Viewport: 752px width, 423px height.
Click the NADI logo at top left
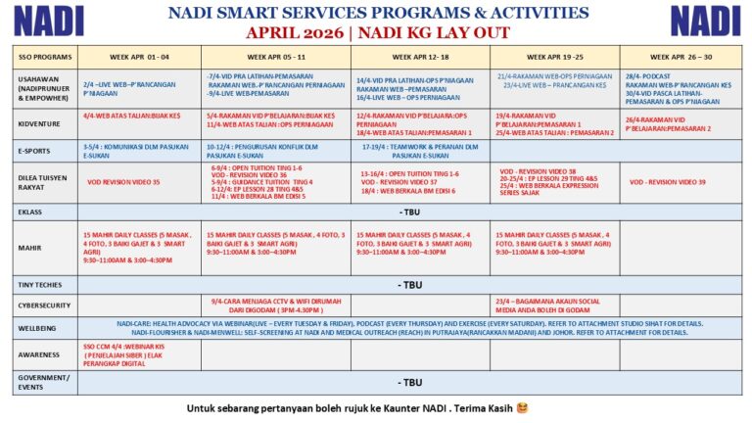[x=48, y=21]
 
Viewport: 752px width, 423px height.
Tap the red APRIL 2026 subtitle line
[x=378, y=32]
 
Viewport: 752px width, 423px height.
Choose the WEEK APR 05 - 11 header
[x=275, y=56]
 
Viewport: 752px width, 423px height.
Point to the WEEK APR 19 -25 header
[x=554, y=56]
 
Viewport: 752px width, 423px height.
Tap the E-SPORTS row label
[x=33, y=150]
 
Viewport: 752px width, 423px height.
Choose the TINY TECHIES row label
[x=40, y=284]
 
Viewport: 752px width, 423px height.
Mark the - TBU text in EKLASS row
[x=410, y=211]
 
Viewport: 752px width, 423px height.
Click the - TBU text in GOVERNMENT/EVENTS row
[x=410, y=382]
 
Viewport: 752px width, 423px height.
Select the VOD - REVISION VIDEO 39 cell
[x=668, y=182]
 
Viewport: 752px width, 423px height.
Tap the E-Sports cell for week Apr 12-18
[x=421, y=150]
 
